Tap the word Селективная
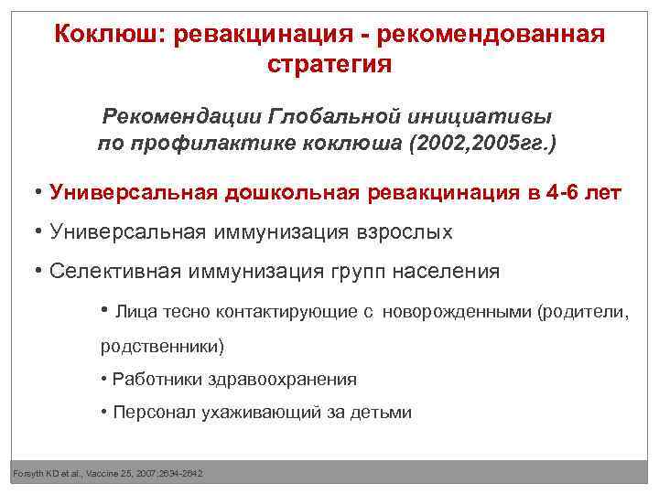tap(115, 272)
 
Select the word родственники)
tap(161, 348)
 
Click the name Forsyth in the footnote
tap(28, 473)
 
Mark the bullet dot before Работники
tap(104, 379)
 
